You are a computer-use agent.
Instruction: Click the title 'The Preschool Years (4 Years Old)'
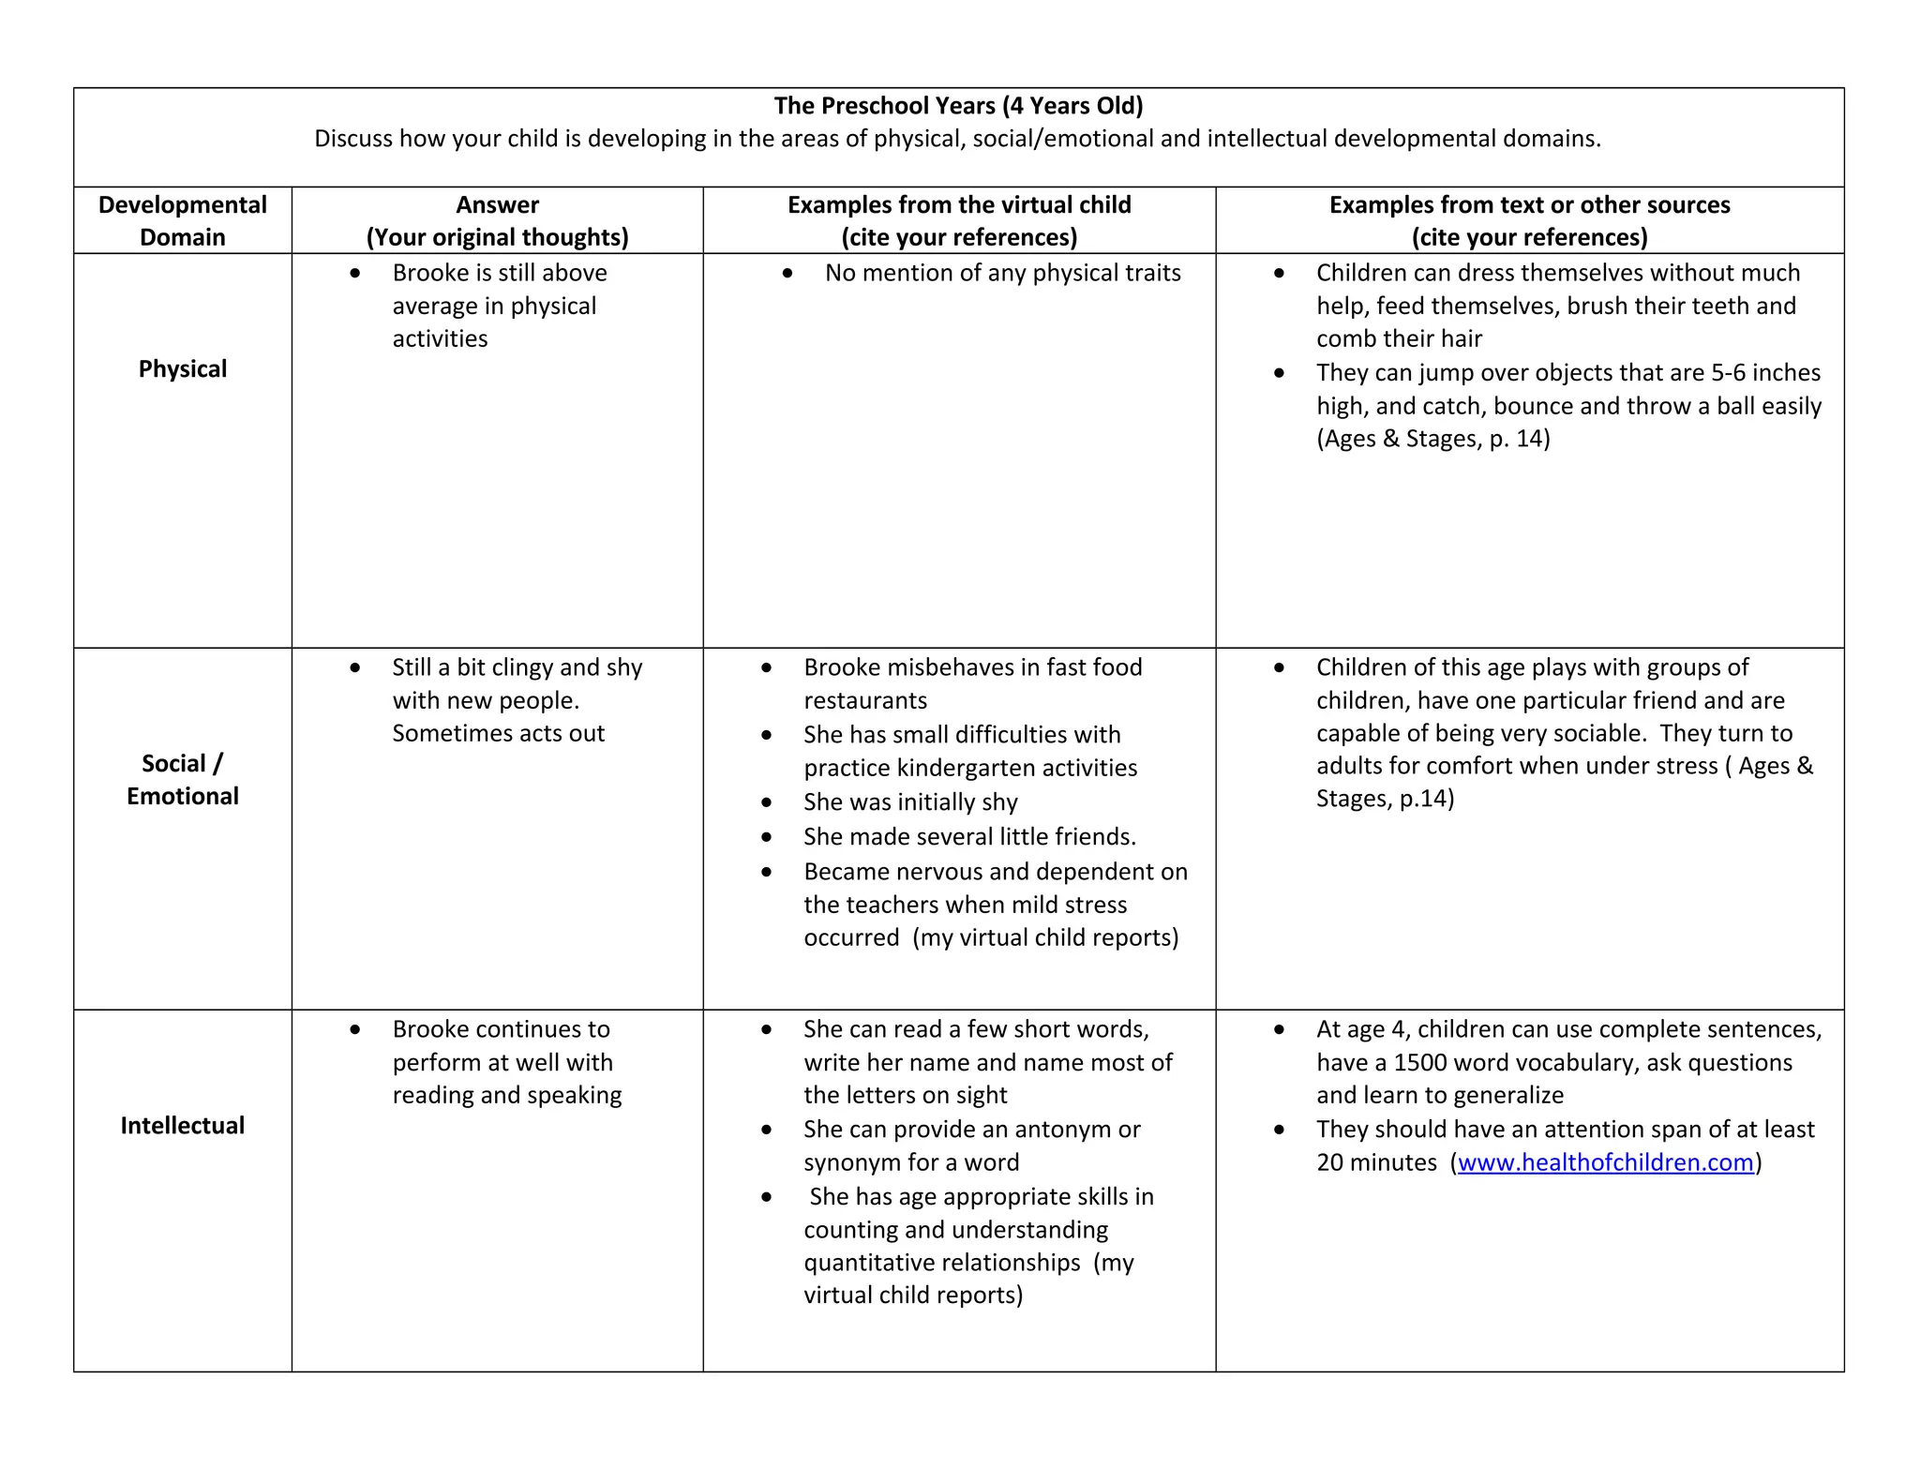point(958,106)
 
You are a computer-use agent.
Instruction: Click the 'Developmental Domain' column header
point(182,220)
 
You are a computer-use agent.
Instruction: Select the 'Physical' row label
point(182,369)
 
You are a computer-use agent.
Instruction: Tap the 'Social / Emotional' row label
point(182,779)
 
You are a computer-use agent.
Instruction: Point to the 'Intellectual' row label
point(182,1126)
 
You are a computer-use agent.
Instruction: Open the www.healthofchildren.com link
point(1605,1162)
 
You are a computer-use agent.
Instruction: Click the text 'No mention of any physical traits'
point(1002,273)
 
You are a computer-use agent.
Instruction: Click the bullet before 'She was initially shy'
point(767,803)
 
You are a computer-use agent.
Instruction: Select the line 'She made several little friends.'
point(969,836)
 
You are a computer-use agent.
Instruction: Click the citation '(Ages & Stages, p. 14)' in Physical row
point(1432,439)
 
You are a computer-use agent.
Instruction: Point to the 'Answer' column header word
point(497,205)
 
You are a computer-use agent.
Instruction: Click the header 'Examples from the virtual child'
point(958,205)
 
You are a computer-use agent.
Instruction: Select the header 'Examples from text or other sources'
point(1529,205)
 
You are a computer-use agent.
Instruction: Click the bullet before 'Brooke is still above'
point(355,274)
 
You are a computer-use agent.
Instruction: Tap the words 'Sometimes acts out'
point(498,733)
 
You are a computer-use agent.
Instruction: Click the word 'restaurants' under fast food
point(864,701)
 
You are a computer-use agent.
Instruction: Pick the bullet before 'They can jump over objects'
point(1280,373)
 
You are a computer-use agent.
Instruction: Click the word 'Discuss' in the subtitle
point(352,139)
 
